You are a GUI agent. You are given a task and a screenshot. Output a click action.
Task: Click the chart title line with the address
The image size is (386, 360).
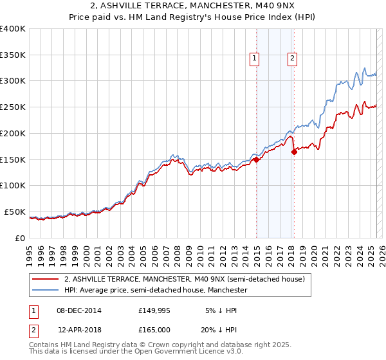click(x=193, y=6)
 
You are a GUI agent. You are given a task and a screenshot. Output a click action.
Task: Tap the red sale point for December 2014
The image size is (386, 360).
click(x=256, y=159)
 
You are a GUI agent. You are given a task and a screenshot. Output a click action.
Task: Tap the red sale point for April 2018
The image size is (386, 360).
click(x=294, y=152)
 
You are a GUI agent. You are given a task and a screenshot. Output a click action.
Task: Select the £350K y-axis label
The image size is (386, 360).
click(x=13, y=55)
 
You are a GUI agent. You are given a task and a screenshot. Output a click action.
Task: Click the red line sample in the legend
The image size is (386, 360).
click(x=46, y=279)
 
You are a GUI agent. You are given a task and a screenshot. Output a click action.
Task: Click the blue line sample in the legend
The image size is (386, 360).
click(x=46, y=291)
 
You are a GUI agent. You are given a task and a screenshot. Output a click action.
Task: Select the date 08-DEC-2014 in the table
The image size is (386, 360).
click(x=79, y=310)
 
